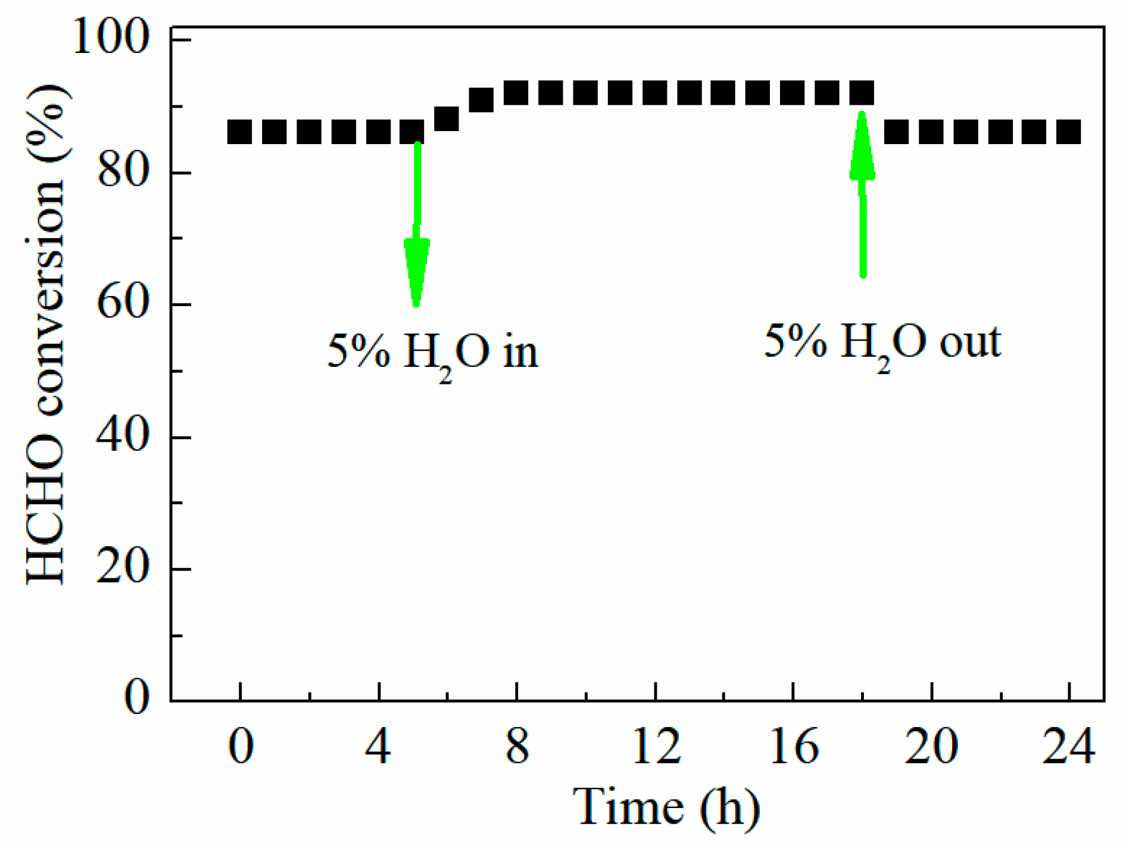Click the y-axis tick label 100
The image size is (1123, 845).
110,37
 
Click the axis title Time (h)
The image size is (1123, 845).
666,807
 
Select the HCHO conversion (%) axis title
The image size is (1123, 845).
46,333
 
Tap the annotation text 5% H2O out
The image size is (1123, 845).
882,344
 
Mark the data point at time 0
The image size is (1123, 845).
240,132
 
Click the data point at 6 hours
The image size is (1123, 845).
447,119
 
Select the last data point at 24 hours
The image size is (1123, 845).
1069,132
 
